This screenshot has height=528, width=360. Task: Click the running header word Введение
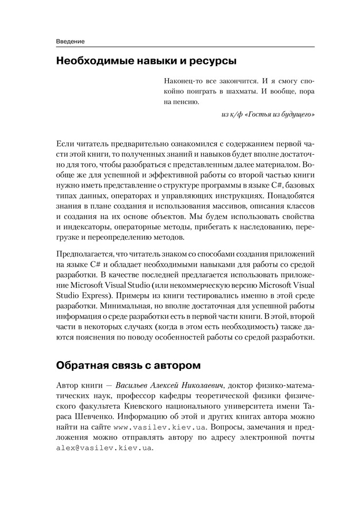pos(70,41)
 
